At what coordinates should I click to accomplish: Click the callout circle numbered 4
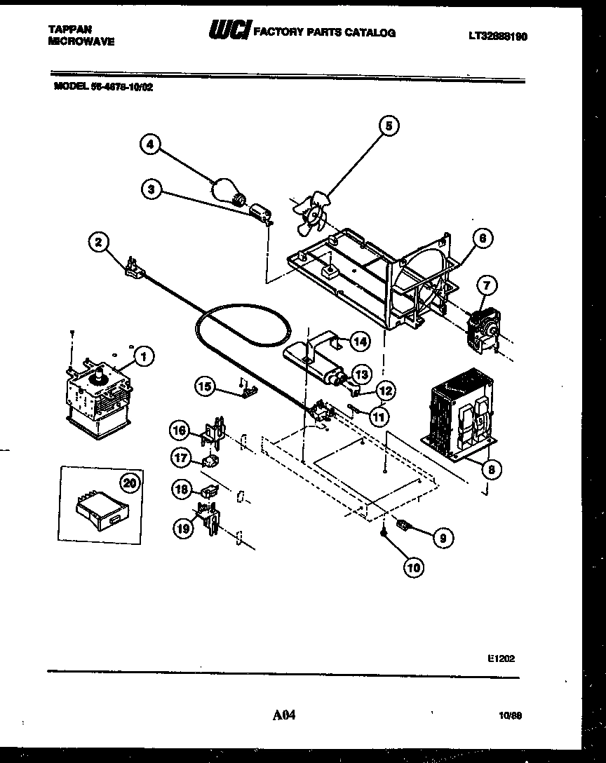point(149,144)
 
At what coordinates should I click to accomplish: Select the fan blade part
point(307,212)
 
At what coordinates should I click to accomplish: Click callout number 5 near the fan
point(389,126)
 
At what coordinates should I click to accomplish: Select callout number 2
point(99,243)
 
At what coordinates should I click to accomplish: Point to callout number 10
point(413,567)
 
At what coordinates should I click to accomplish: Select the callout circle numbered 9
point(442,539)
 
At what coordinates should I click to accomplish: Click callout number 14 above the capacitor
point(359,342)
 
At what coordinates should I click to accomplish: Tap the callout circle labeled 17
point(182,458)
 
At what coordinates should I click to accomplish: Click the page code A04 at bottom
point(284,715)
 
